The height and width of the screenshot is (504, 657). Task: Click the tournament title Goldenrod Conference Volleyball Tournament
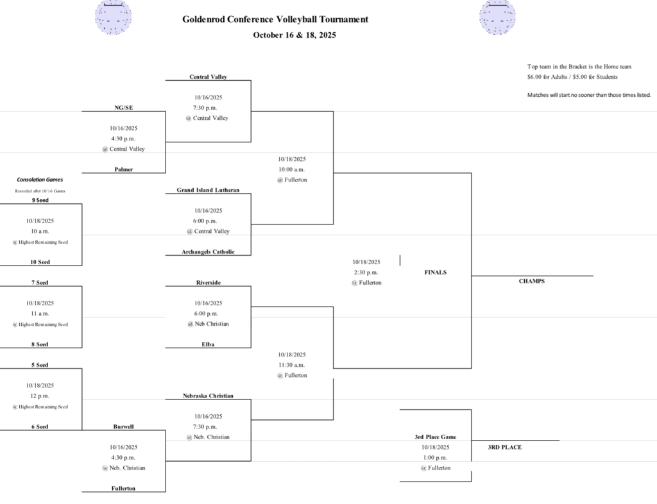tap(275, 19)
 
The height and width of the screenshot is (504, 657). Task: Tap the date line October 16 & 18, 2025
tap(294, 35)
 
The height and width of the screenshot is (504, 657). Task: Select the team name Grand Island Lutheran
tap(208, 190)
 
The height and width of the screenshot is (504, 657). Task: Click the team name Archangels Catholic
tap(208, 252)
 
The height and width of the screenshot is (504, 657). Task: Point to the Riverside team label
tap(208, 283)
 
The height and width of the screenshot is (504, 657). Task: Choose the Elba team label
tap(208, 344)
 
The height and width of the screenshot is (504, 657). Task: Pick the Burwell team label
tap(123, 426)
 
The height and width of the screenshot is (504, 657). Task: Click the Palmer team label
tap(123, 169)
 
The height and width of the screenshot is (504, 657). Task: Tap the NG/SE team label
tap(123, 108)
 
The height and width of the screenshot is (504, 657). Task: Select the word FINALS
tap(435, 273)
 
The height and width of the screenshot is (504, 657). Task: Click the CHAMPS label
tap(531, 281)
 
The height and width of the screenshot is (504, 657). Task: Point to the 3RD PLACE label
tap(504, 447)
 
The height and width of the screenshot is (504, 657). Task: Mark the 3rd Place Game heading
tap(435, 437)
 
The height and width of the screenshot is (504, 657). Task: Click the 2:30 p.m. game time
tap(366, 273)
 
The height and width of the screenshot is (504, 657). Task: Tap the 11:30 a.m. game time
tap(292, 365)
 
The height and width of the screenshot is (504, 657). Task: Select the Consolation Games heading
tap(40, 180)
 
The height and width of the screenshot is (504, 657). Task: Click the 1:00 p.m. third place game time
tap(435, 458)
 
